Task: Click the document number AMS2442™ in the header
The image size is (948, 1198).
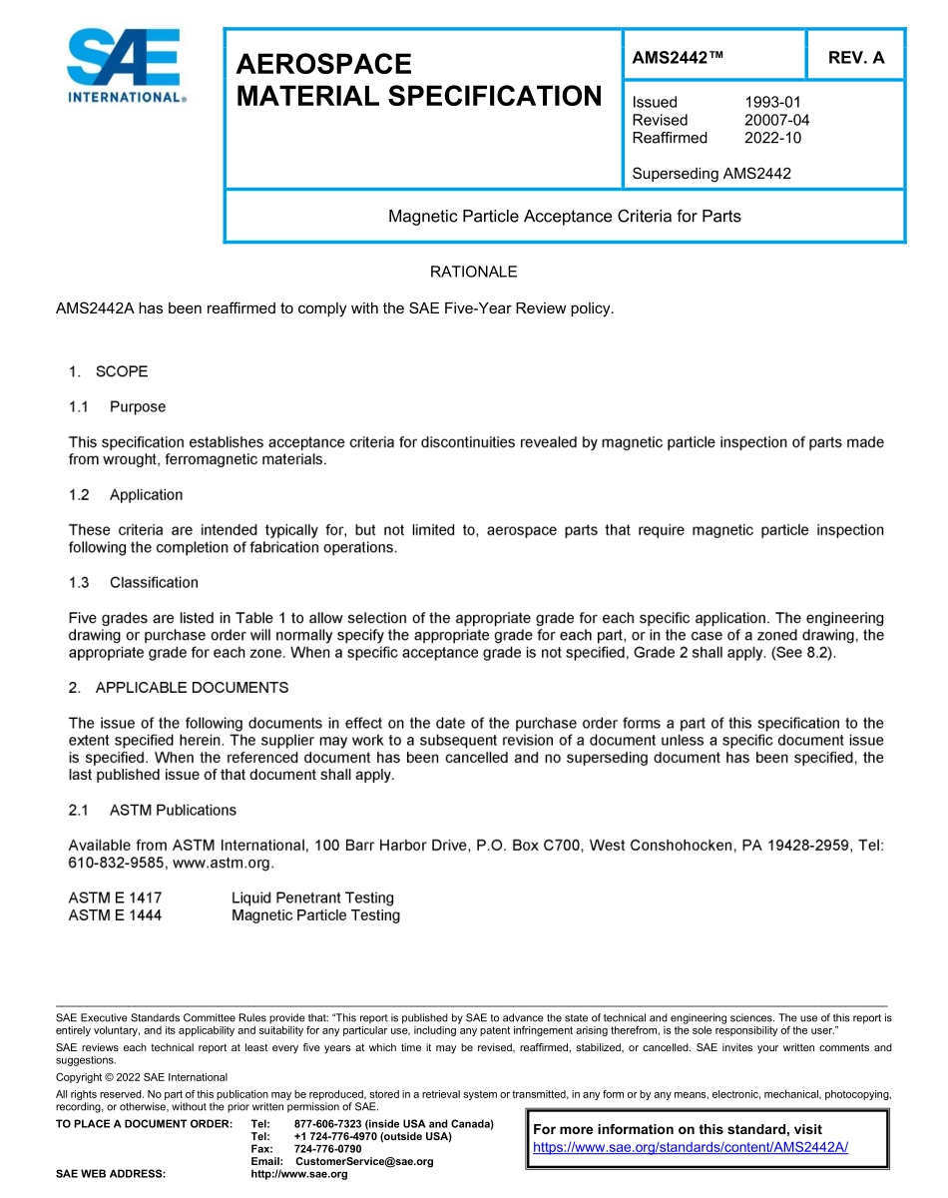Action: pyautogui.click(x=678, y=58)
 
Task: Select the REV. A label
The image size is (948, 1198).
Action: pyautogui.click(x=855, y=58)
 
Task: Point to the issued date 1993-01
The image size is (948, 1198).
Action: pyautogui.click(x=772, y=102)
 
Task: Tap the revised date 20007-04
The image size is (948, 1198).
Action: pyautogui.click(x=776, y=120)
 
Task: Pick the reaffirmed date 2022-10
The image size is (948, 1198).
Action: pyautogui.click(x=772, y=138)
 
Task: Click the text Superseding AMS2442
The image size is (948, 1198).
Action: pyautogui.click(x=711, y=174)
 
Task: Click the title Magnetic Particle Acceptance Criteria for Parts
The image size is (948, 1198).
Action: pyautogui.click(x=564, y=216)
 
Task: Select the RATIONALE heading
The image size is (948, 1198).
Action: pyautogui.click(x=473, y=272)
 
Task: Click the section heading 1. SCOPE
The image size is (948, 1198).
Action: pyautogui.click(x=108, y=371)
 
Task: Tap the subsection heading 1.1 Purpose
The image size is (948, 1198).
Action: pyautogui.click(x=117, y=407)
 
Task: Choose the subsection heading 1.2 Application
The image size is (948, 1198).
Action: pyautogui.click(x=126, y=495)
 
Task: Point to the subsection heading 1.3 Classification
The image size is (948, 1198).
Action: pyautogui.click(x=134, y=583)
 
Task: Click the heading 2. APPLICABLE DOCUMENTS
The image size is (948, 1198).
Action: pyautogui.click(x=179, y=688)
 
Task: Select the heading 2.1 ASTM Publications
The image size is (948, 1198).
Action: pyautogui.click(x=153, y=810)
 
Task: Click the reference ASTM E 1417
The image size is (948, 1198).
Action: pyautogui.click(x=115, y=898)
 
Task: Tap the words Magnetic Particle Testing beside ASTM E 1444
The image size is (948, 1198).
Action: pyautogui.click(x=315, y=915)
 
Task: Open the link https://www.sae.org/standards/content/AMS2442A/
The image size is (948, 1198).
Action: pyautogui.click(x=691, y=1147)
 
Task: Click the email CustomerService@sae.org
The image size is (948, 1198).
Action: pyautogui.click(x=364, y=1161)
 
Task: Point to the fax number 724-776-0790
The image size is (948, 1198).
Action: pyautogui.click(x=327, y=1149)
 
